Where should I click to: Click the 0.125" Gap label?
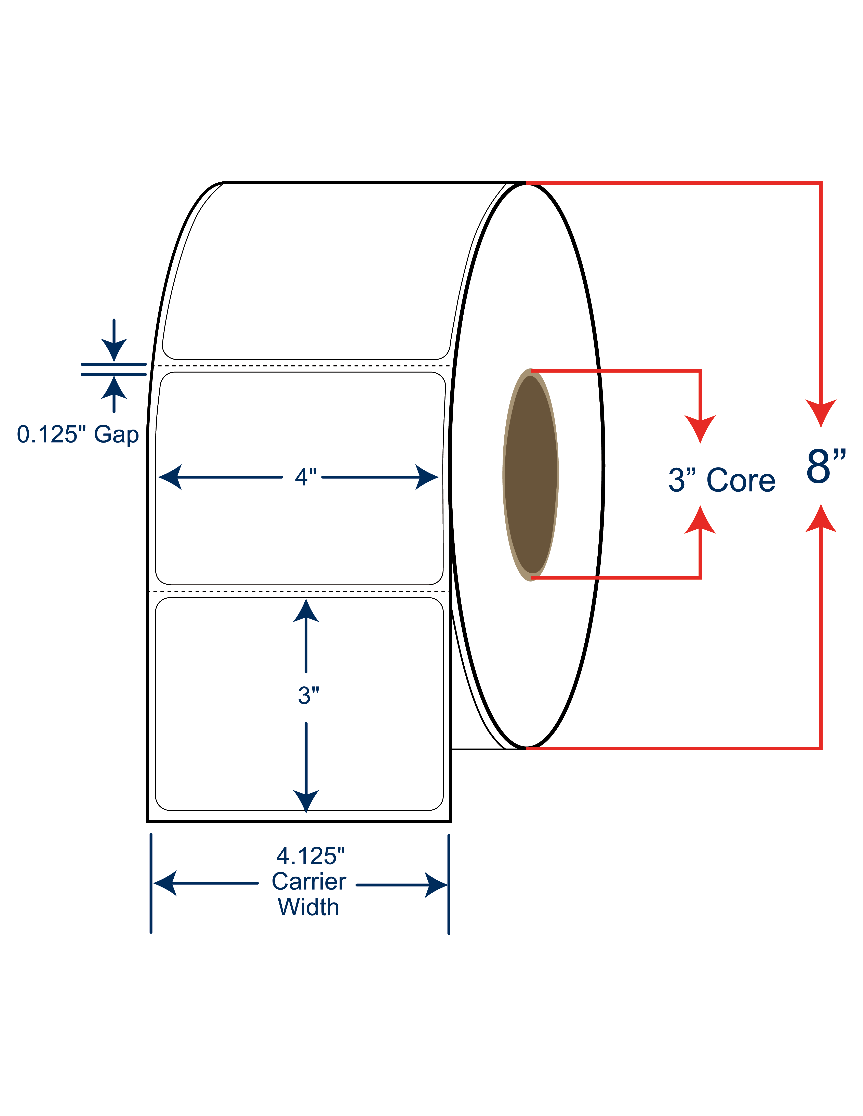(x=78, y=435)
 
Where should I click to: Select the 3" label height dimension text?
(x=308, y=695)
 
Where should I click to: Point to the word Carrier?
(x=309, y=881)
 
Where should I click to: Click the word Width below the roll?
(x=308, y=907)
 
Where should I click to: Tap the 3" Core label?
(x=721, y=480)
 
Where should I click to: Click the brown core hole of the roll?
(x=530, y=475)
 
